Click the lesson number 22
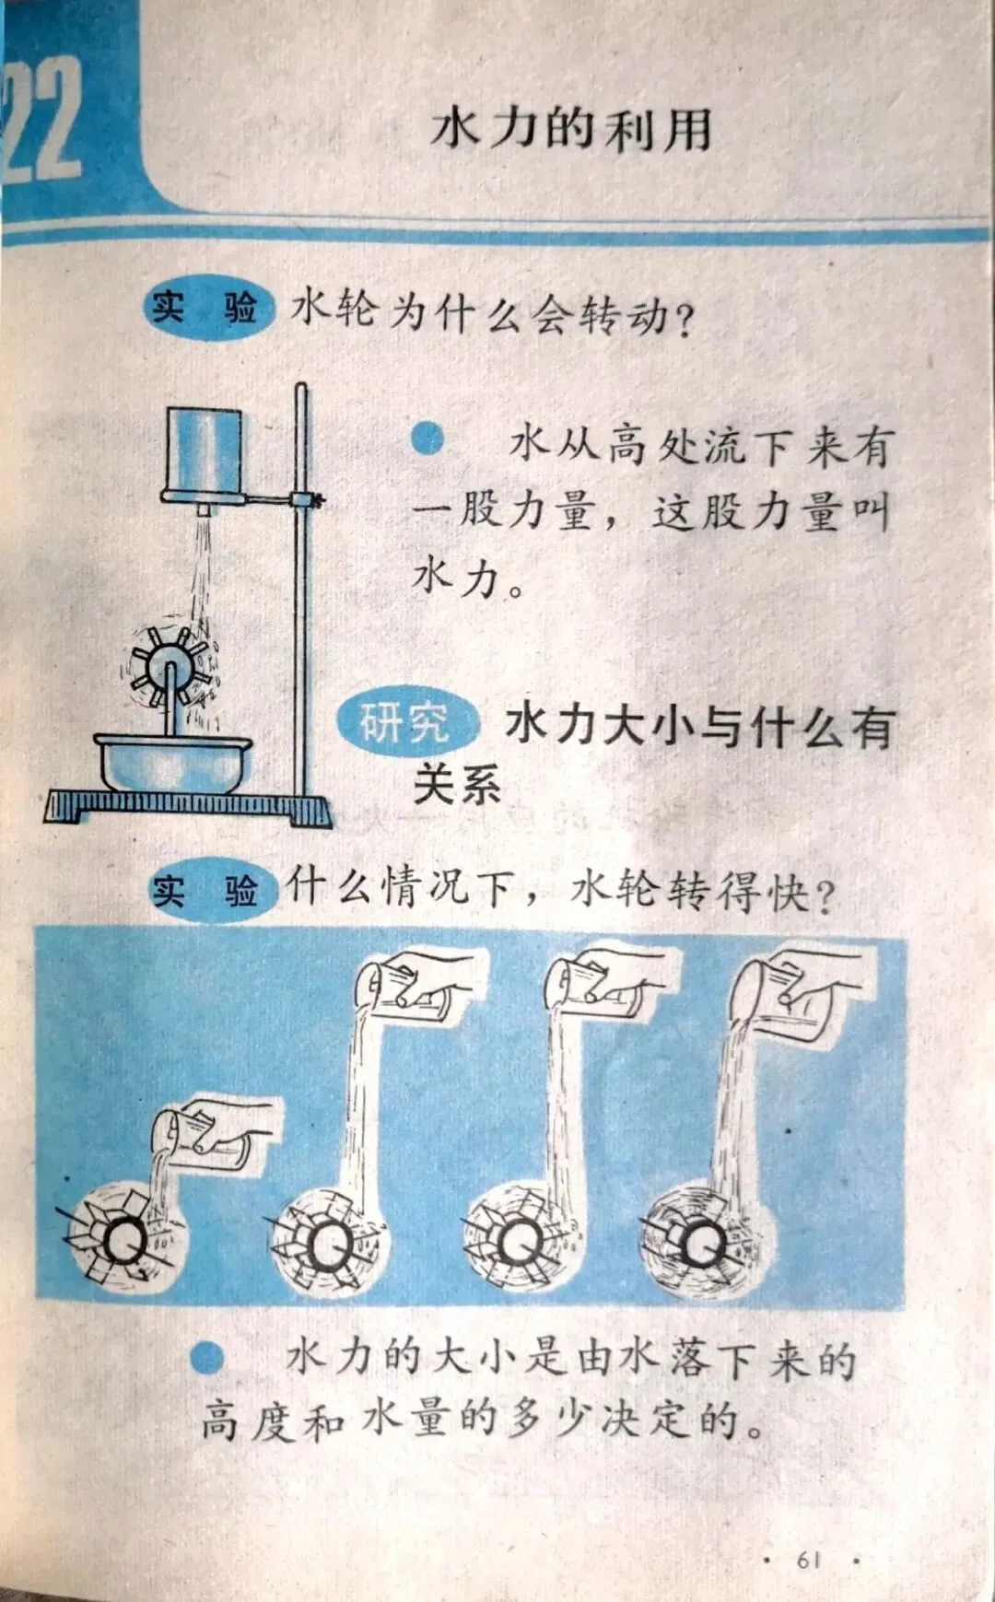click(41, 118)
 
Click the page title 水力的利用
click(571, 128)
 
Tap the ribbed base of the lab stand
click(188, 807)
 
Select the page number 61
click(809, 1560)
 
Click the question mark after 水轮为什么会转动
click(685, 321)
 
